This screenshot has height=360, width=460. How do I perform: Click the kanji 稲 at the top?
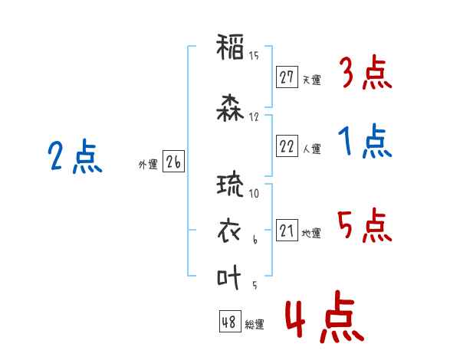click(230, 47)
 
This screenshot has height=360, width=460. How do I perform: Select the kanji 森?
click(230, 108)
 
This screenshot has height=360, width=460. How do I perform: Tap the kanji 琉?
click(230, 184)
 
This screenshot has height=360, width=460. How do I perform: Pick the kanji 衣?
click(229, 231)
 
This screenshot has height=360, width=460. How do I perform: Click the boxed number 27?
click(287, 77)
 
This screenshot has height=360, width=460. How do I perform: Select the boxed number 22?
click(287, 146)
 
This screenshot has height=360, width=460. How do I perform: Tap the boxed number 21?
click(287, 230)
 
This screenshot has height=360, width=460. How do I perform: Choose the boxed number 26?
click(173, 162)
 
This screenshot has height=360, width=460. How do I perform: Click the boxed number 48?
click(230, 321)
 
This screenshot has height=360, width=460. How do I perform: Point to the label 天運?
click(311, 80)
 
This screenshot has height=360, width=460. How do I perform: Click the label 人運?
click(311, 149)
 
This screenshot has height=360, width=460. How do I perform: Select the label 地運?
click(311, 233)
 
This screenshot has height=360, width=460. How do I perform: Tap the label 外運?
click(148, 165)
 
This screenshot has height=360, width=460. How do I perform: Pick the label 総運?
click(255, 324)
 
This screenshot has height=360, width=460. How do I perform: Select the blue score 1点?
click(365, 141)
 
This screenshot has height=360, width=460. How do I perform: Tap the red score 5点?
click(365, 225)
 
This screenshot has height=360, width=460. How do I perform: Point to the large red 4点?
click(325, 316)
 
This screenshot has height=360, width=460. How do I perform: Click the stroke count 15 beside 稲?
click(254, 56)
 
